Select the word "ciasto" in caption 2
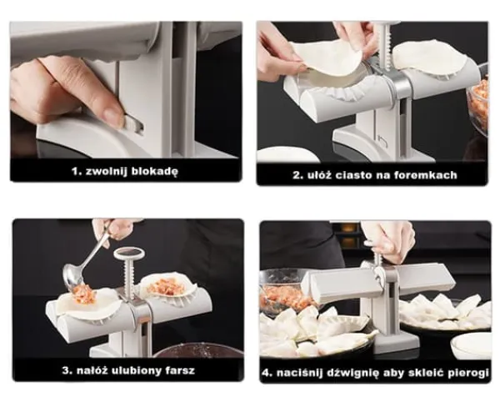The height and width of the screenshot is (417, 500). click(353, 175)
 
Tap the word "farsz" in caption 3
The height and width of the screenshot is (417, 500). click(180, 371)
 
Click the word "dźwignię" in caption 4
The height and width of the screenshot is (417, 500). click(352, 373)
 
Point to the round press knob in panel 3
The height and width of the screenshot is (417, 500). click(129, 254)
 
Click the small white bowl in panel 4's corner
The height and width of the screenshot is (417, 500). click(471, 345)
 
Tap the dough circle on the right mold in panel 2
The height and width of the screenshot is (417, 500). click(437, 58)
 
